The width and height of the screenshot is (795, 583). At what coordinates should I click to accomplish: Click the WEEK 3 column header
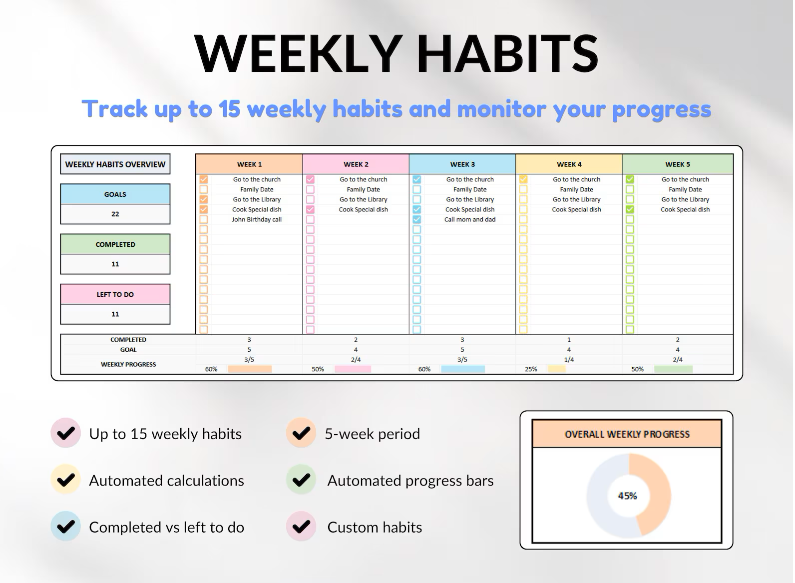(x=462, y=164)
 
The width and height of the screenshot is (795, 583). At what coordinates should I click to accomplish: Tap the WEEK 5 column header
(x=678, y=164)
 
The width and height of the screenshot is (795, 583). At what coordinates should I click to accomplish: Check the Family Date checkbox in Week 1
(x=204, y=189)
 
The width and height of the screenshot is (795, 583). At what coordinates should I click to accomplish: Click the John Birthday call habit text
(x=257, y=219)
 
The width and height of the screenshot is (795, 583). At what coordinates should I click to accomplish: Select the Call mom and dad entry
(x=470, y=219)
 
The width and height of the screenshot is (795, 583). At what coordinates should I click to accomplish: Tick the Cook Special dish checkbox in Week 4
(x=523, y=209)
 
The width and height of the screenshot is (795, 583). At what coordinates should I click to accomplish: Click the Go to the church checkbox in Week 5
(x=630, y=179)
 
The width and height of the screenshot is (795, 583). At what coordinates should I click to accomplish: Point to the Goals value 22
(x=115, y=214)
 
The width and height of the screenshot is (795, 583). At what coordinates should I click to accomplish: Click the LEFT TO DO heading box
(x=115, y=294)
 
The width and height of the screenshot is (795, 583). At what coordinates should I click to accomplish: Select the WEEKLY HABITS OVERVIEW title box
(x=115, y=164)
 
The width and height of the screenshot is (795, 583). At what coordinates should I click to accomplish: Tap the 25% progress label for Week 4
(x=531, y=369)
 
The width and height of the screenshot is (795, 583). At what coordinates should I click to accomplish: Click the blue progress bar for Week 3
(x=463, y=369)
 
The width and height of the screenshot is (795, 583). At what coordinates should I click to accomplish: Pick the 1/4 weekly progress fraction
(x=569, y=360)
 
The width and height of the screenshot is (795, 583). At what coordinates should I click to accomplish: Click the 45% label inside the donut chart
(x=627, y=496)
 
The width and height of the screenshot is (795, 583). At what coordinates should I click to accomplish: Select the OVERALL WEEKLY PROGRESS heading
(x=627, y=434)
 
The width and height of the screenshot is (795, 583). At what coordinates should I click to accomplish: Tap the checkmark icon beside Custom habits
(x=301, y=527)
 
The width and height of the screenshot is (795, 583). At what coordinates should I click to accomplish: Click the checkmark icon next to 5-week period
(x=301, y=433)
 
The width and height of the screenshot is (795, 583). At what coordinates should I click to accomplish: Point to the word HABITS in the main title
(x=507, y=54)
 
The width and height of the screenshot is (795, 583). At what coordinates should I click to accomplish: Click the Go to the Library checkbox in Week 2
(x=310, y=199)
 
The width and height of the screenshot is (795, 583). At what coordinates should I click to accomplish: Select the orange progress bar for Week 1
(x=250, y=369)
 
